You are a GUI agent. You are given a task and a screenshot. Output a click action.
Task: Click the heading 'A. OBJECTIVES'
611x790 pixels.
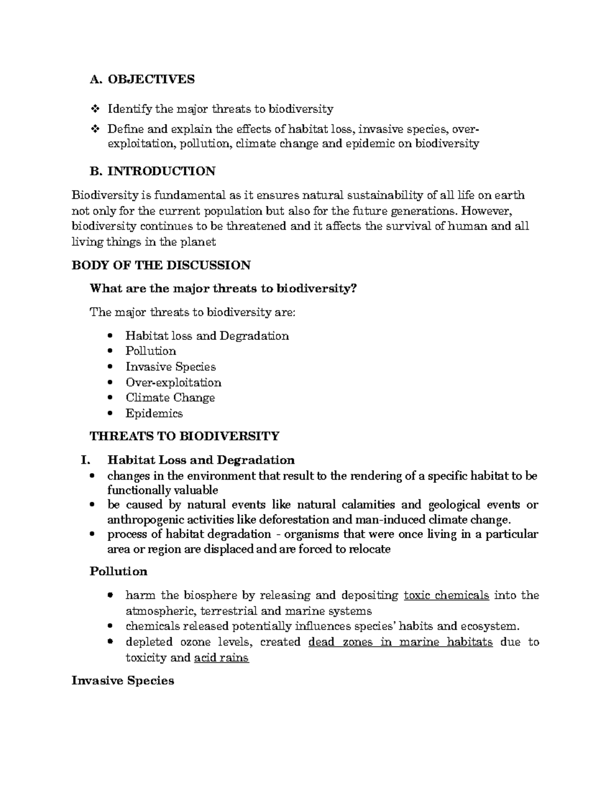pos(142,79)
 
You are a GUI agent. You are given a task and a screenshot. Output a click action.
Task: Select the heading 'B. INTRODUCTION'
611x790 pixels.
pos(152,171)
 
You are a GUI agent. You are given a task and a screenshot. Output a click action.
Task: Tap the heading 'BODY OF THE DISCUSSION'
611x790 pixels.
pos(161,265)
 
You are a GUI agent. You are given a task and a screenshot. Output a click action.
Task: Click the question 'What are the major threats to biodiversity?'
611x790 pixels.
pos(223,288)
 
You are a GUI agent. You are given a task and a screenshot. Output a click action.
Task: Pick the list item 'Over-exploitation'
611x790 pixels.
pos(173,383)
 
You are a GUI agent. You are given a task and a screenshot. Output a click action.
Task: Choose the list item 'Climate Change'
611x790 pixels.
pos(170,398)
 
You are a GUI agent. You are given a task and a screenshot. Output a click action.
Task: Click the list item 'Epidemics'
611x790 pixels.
pos(154,414)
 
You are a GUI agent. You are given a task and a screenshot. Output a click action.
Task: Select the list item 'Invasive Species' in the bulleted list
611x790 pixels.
pos(171,367)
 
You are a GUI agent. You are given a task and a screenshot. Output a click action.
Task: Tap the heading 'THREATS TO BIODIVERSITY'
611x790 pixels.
pos(184,436)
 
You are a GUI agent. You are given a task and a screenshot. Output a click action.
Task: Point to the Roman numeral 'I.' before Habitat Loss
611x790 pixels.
pos(85,460)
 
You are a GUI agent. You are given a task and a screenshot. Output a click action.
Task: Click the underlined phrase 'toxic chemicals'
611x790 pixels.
pos(446,595)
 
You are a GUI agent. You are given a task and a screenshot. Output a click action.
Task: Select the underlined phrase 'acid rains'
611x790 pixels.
pos(221,658)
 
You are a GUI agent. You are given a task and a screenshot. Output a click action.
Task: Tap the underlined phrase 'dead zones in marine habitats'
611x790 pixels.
pos(400,642)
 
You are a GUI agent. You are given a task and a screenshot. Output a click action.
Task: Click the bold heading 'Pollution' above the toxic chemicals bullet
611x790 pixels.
pos(118,571)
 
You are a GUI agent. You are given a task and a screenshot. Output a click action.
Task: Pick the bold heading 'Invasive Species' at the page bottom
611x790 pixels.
pos(123,681)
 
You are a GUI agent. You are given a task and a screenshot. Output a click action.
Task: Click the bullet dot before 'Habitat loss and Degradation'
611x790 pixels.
pos(110,336)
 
